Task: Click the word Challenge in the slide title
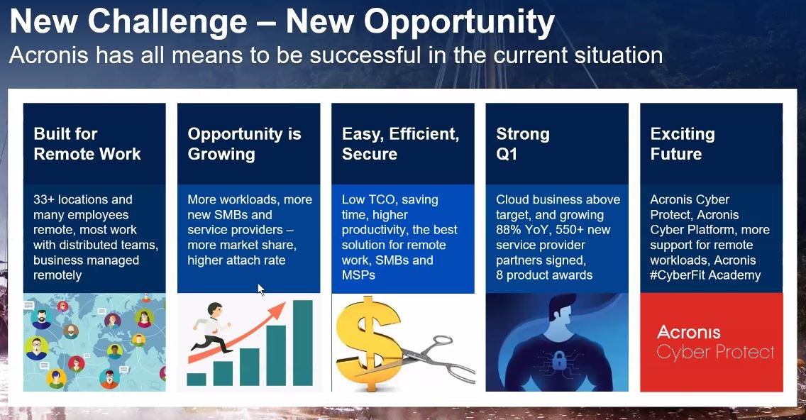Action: [x=167, y=22]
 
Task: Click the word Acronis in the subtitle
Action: [x=50, y=55]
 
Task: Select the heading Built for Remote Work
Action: [x=87, y=144]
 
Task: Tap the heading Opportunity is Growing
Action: [x=244, y=144]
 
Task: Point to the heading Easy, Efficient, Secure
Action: [x=400, y=144]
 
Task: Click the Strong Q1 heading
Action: [x=523, y=144]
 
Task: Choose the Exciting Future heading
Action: [x=682, y=144]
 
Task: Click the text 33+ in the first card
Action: [x=44, y=199]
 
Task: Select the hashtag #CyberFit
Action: [x=678, y=275]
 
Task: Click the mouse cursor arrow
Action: [x=260, y=289]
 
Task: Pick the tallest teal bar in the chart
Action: [x=303, y=343]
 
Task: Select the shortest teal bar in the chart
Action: [x=197, y=380]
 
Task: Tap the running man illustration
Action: [x=211, y=328]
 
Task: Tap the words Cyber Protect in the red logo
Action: [x=715, y=352]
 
